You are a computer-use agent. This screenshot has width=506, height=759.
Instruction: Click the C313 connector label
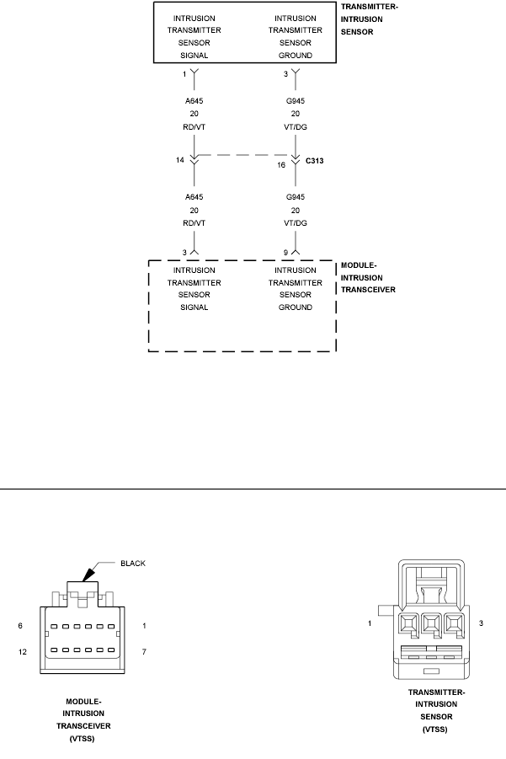[314, 161]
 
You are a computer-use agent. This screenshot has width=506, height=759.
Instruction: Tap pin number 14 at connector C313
[180, 160]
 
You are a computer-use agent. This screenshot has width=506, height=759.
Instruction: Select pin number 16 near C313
[281, 165]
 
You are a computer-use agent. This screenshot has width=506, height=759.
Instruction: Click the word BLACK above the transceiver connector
[133, 564]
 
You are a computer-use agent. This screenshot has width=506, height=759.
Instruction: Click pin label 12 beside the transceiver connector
[23, 652]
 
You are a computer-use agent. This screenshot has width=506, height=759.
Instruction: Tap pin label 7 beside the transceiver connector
[144, 652]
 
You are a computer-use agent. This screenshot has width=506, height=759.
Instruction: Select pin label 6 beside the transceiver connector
[20, 626]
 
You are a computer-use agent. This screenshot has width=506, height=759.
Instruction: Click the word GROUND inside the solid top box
[295, 56]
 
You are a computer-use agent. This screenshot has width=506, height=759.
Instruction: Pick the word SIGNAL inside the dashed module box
[194, 307]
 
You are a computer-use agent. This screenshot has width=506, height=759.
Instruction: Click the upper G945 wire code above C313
[295, 101]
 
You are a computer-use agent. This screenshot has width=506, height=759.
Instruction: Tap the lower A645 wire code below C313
[194, 197]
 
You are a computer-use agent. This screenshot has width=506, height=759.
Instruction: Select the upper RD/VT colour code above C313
[194, 127]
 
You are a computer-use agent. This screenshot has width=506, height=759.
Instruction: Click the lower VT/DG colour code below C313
[295, 223]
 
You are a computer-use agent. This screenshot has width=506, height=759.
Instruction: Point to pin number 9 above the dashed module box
[285, 253]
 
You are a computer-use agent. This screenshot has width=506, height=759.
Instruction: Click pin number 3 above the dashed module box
[184, 253]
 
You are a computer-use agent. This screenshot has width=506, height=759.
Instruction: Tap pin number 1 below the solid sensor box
[184, 74]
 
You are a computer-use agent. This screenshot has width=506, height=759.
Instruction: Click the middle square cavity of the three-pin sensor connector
[432, 624]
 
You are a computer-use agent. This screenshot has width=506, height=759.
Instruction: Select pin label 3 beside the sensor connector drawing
[481, 623]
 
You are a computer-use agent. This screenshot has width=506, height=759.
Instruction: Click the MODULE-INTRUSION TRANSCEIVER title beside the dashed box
[368, 278]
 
